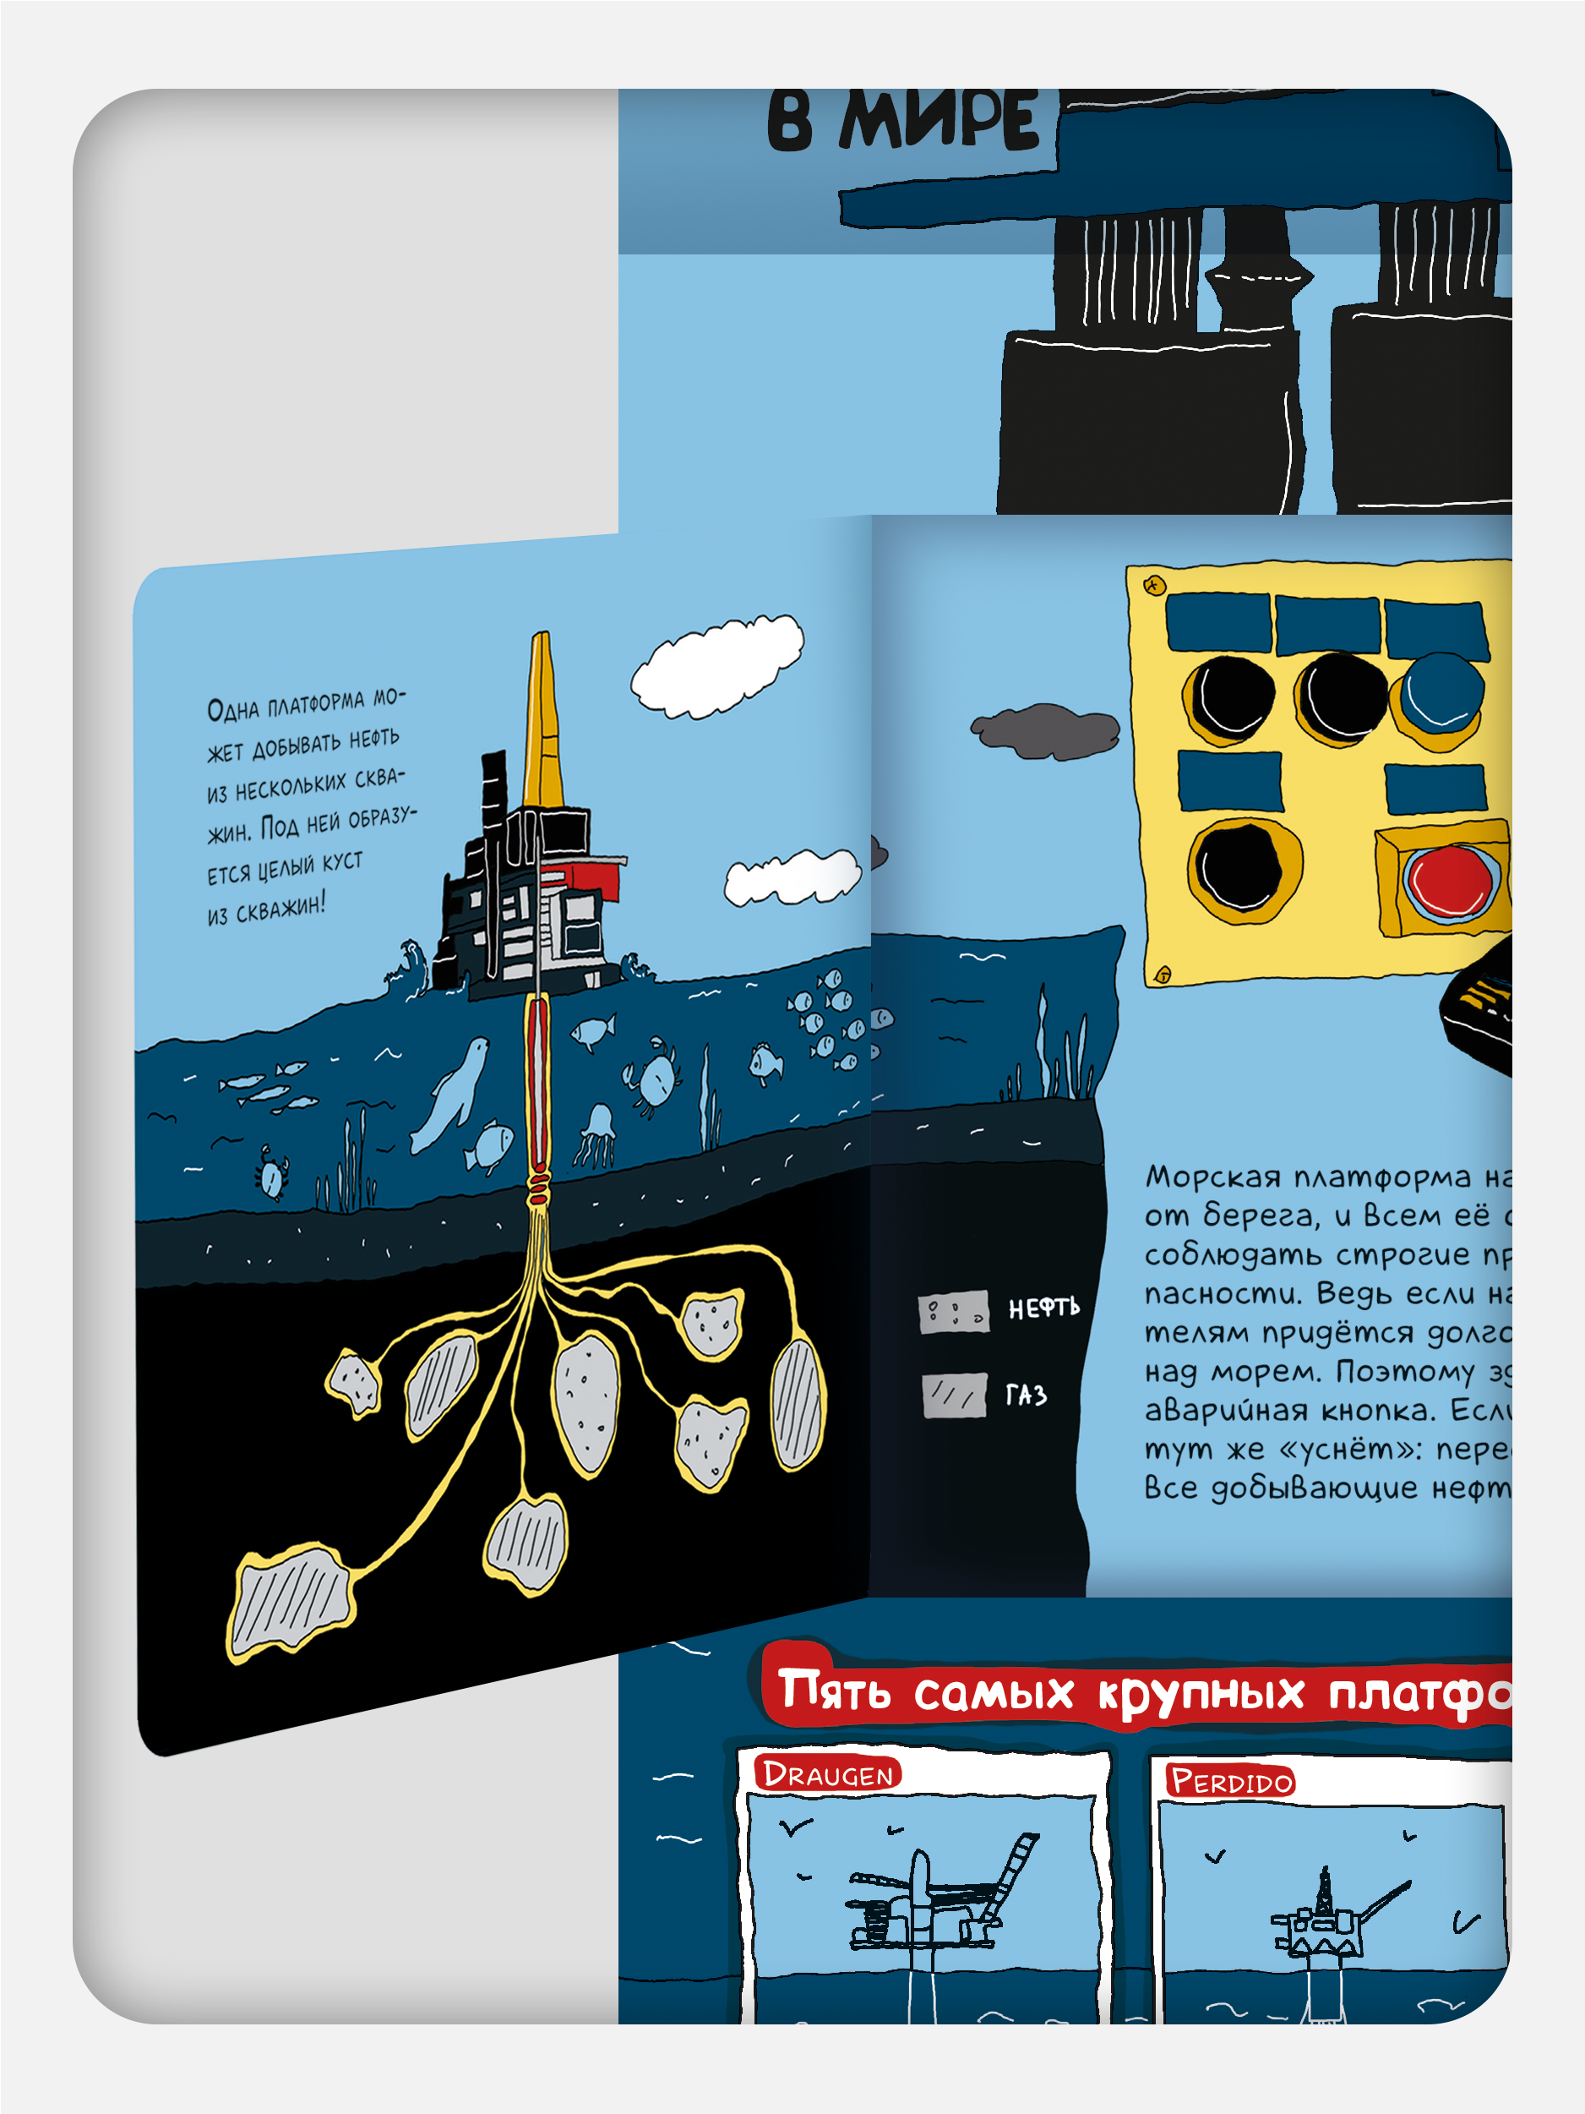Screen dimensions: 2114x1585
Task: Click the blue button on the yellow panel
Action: point(1437,696)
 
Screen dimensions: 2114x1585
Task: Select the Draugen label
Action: point(827,1773)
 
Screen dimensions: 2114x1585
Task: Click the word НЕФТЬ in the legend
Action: point(1043,1308)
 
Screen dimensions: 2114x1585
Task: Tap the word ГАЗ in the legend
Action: point(1026,1396)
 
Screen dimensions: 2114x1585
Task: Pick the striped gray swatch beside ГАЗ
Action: point(955,1396)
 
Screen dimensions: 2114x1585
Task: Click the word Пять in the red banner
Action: point(834,1690)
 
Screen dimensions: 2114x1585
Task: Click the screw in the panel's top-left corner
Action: point(1154,585)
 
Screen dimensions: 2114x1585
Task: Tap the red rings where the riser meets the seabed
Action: point(538,1191)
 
